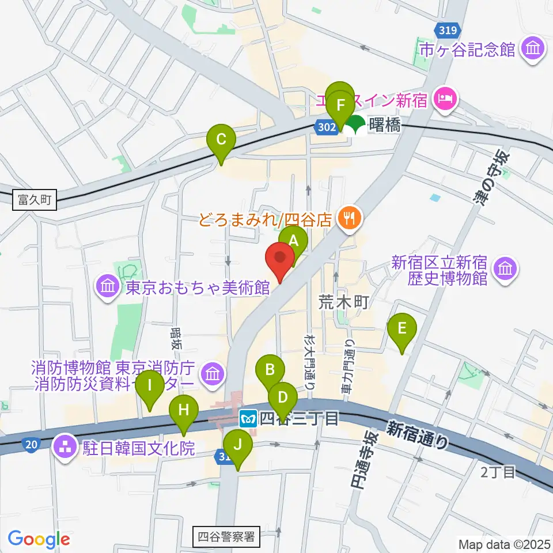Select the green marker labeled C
221,141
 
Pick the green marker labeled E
402,329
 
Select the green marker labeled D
283,398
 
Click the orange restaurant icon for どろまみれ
350,218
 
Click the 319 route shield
446,30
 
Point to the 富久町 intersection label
35,200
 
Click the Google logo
39,539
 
